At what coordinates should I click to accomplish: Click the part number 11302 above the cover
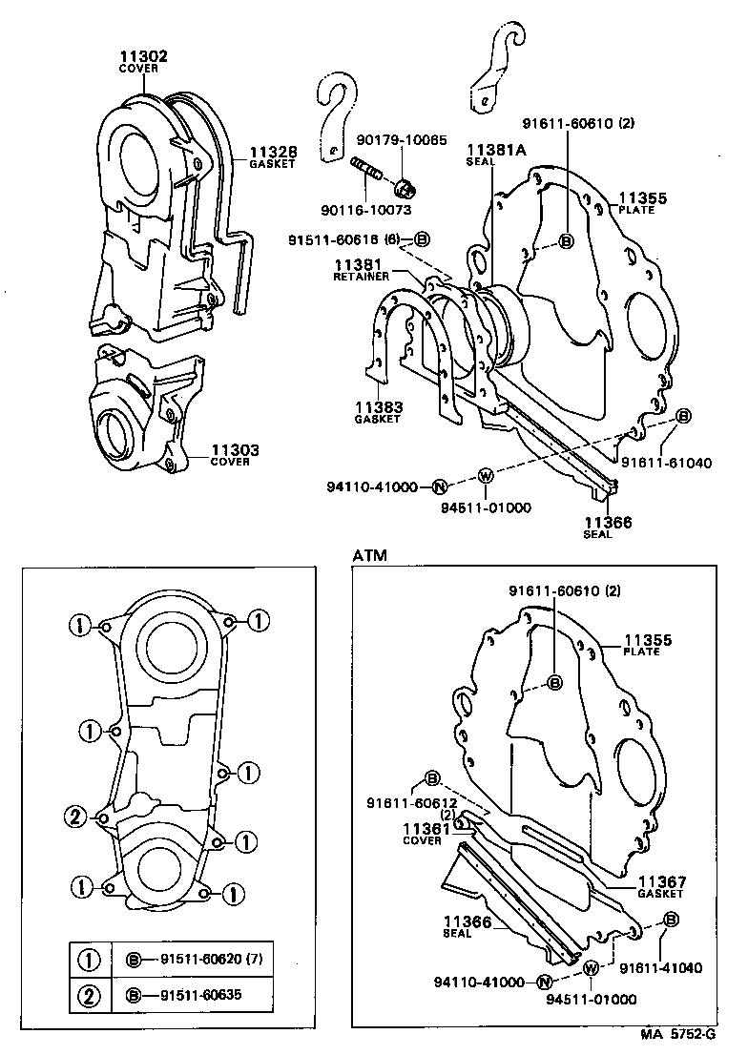click(x=143, y=56)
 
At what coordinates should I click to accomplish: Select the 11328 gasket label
click(x=273, y=152)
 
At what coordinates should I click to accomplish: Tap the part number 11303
click(x=235, y=449)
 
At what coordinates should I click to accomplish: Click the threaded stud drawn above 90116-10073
click(x=369, y=173)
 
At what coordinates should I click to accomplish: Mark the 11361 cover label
click(x=423, y=828)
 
